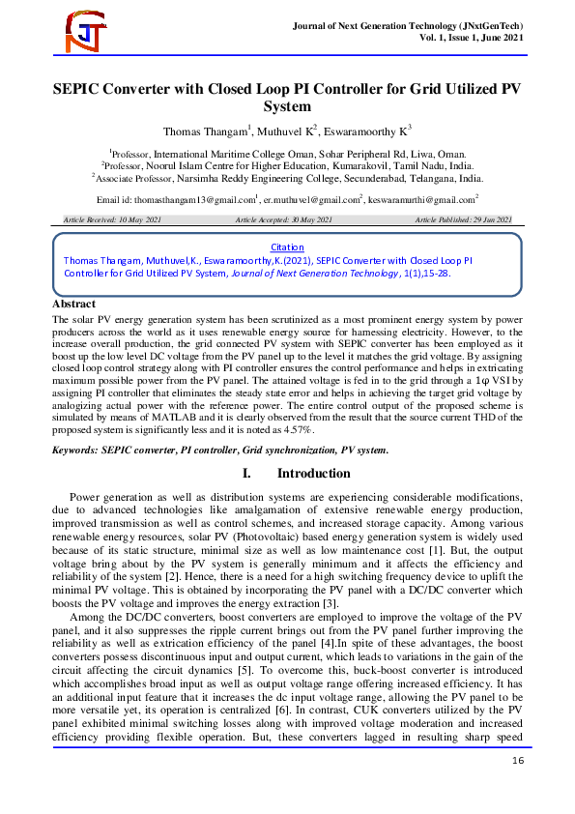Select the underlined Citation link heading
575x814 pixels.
[287, 247]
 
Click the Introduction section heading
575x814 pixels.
[313, 473]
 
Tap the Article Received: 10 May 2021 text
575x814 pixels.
[112, 221]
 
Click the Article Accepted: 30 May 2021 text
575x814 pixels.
[283, 221]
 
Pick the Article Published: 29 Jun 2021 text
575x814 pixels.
[462, 221]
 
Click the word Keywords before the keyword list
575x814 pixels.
[81, 450]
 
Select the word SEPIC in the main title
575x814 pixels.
[82, 86]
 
